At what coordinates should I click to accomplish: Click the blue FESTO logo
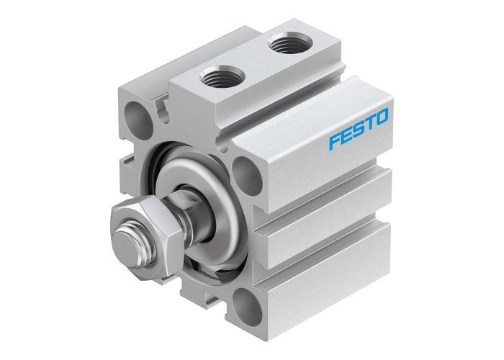coord(359,127)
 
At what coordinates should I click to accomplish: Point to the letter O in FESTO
coord(382,115)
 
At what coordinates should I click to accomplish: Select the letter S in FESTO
coord(358,127)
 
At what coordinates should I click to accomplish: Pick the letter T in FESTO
coord(369,122)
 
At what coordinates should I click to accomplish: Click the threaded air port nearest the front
coord(217,75)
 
